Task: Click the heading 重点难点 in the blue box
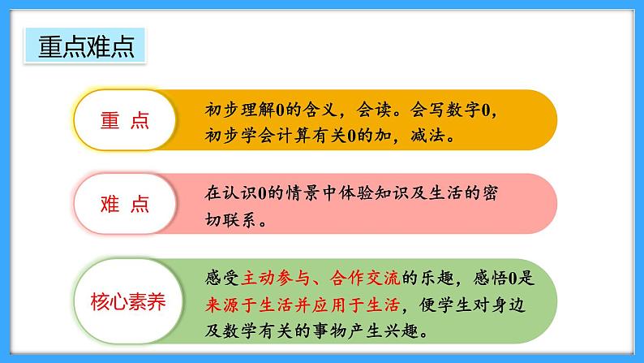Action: point(86,46)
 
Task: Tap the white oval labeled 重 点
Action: point(125,120)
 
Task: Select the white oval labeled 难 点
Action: point(125,204)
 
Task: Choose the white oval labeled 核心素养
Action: point(128,301)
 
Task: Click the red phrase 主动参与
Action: point(276,278)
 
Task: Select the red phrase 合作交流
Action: point(365,278)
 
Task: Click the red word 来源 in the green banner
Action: point(222,305)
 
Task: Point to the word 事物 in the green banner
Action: point(329,331)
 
